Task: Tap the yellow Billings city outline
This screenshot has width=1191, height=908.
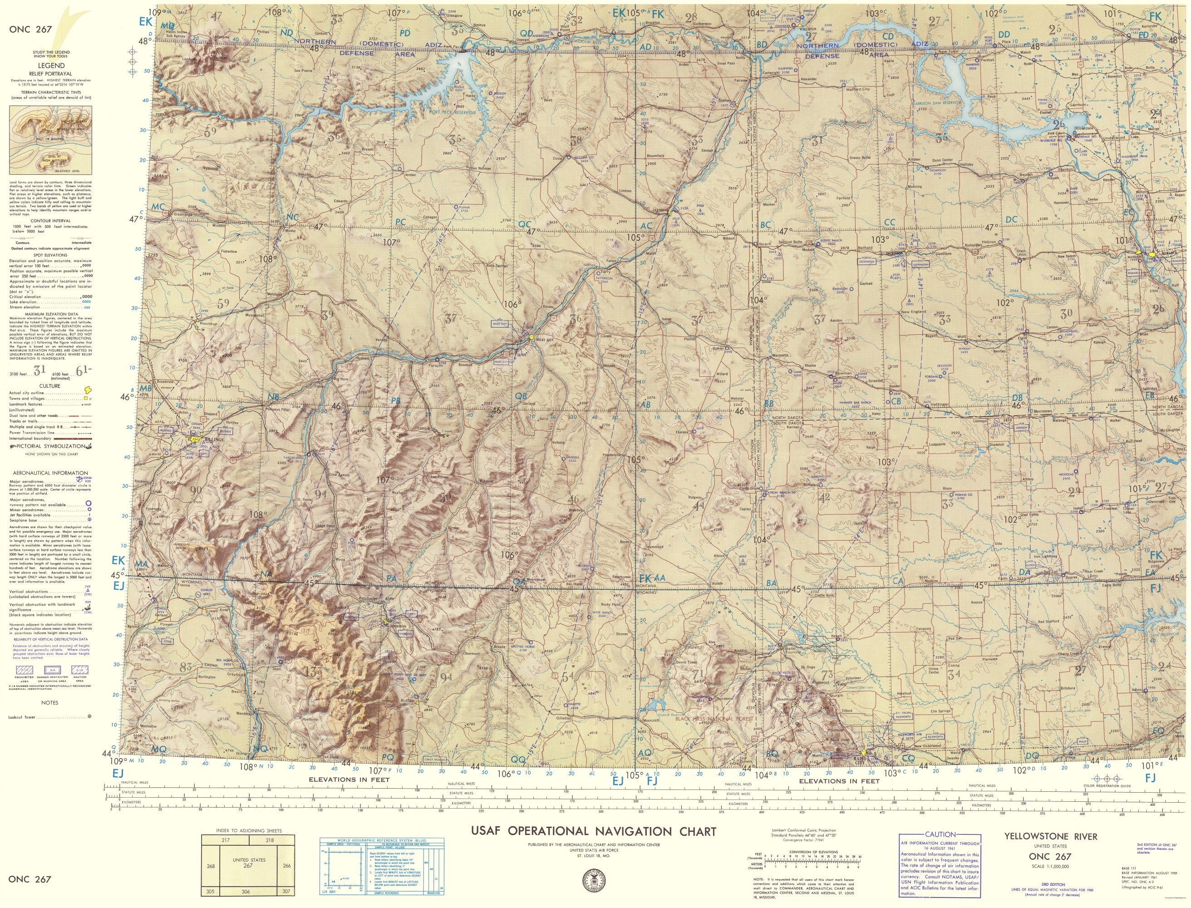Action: pyautogui.click(x=195, y=439)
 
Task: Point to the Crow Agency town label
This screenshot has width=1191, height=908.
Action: pyautogui.click(x=340, y=474)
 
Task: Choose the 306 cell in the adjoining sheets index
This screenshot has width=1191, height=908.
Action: pyautogui.click(x=246, y=892)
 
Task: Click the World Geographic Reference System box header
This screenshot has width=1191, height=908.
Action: pyautogui.click(x=382, y=842)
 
